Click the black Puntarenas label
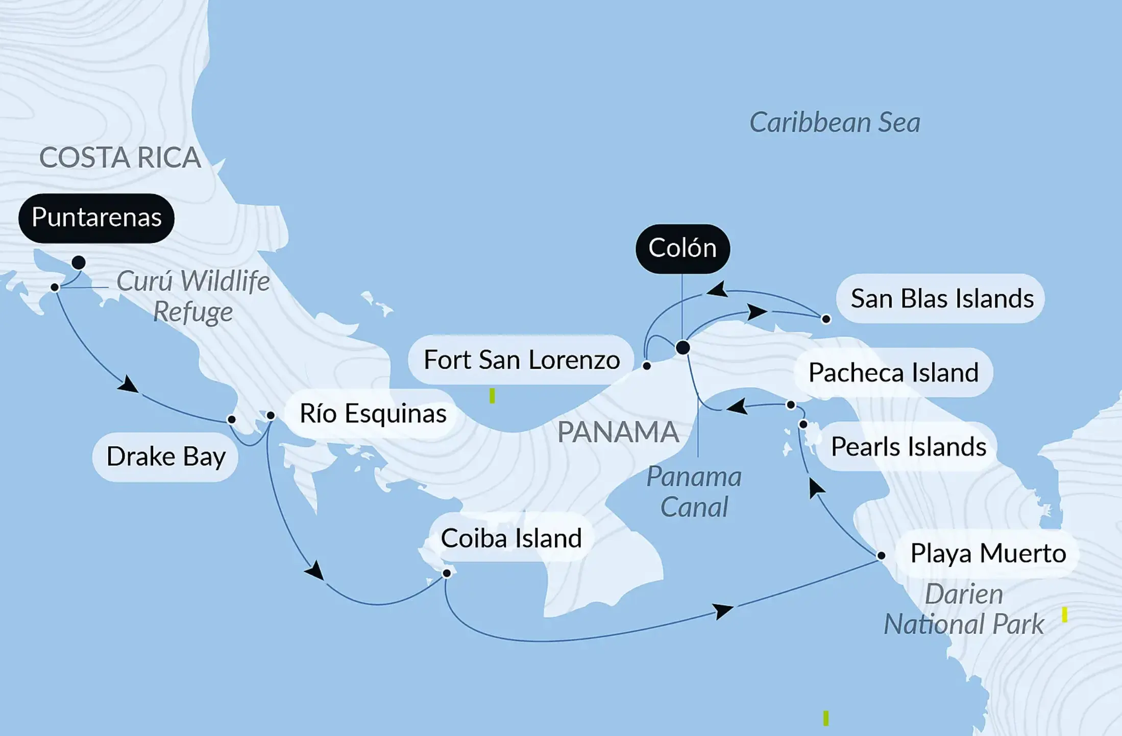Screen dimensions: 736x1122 [96, 218]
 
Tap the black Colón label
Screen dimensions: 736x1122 [682, 249]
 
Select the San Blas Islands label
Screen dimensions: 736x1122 [942, 299]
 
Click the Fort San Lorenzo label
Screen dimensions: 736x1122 [521, 360]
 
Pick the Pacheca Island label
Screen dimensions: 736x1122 [893, 373]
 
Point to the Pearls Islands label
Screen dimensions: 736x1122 [908, 447]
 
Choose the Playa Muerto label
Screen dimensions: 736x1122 [988, 554]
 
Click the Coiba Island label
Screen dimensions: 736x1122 [511, 538]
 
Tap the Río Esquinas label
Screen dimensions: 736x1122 [373, 414]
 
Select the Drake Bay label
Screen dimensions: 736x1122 [166, 457]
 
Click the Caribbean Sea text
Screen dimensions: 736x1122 [835, 123]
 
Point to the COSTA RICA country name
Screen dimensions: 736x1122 [120, 157]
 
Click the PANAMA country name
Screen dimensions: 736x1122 [618, 433]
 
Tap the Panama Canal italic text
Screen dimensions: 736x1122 [694, 492]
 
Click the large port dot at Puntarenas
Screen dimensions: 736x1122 [79, 263]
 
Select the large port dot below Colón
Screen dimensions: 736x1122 [682, 348]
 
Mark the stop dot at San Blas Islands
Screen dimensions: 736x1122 [826, 319]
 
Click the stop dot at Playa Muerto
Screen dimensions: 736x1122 [881, 555]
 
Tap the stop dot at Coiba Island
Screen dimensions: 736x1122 [447, 573]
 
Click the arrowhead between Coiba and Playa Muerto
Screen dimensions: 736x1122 [723, 610]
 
